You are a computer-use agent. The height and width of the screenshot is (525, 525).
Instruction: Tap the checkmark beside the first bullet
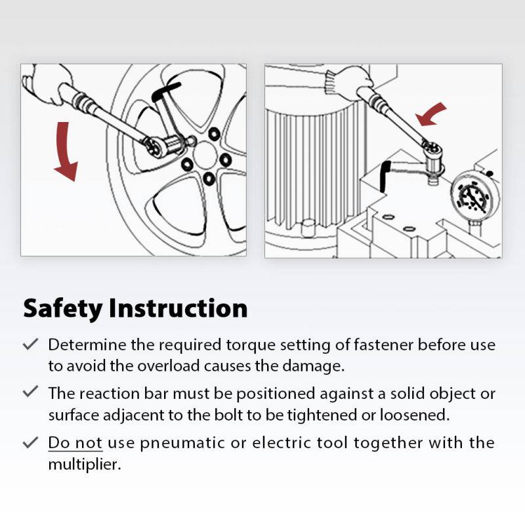[30, 344]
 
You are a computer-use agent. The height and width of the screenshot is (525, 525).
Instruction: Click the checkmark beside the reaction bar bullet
[30, 392]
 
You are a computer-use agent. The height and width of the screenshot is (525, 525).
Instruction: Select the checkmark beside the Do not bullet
[30, 442]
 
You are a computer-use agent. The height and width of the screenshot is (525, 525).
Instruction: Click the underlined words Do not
[75, 442]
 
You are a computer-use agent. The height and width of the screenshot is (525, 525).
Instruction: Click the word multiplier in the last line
[84, 464]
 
